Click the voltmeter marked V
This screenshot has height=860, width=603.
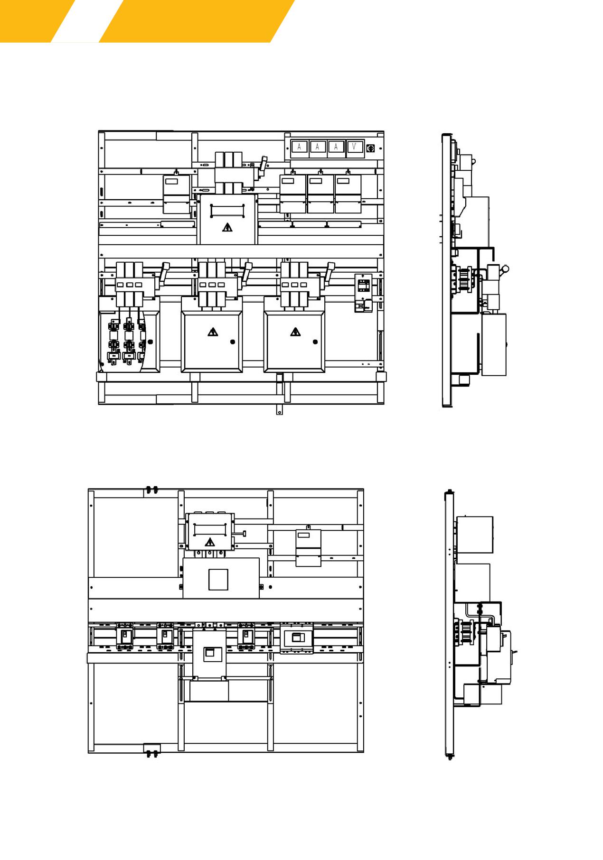click(x=354, y=147)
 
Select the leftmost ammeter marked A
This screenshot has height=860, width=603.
click(x=299, y=147)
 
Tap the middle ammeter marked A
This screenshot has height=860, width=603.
click(x=318, y=147)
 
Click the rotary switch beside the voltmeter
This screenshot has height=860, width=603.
click(x=371, y=148)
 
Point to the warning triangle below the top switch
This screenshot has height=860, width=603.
click(x=227, y=227)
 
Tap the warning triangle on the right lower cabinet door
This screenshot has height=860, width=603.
click(x=295, y=332)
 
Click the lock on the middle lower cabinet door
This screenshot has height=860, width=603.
click(x=233, y=342)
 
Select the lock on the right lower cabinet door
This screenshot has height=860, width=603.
click(x=315, y=342)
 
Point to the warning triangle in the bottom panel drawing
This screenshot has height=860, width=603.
click(x=209, y=542)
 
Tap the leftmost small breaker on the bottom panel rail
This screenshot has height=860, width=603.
click(x=125, y=637)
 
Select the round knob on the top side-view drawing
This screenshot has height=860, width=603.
click(x=505, y=269)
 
